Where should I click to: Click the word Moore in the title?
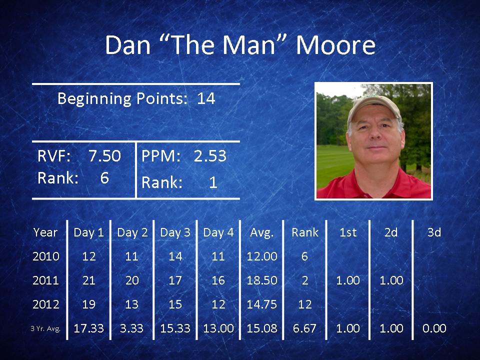tap(335, 45)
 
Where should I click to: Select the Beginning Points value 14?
tap(206, 98)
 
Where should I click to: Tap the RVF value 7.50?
tap(104, 156)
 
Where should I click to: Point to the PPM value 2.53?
tap(210, 156)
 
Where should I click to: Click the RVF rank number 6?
tap(104, 178)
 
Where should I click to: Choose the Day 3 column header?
tap(175, 232)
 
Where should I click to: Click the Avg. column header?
tap(261, 232)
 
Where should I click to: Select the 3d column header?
tap(434, 232)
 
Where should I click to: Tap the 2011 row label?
tap(45, 280)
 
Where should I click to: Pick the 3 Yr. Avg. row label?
tap(45, 329)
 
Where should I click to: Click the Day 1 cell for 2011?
tap(89, 280)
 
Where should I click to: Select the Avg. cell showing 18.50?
tap(261, 280)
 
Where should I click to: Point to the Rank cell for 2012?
tap(305, 304)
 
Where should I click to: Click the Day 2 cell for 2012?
tap(132, 304)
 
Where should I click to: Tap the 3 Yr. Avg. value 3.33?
tap(131, 328)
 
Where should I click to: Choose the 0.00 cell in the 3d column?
tap(434, 328)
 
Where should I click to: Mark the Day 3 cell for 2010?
tap(175, 256)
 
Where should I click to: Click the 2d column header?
tap(391, 232)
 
